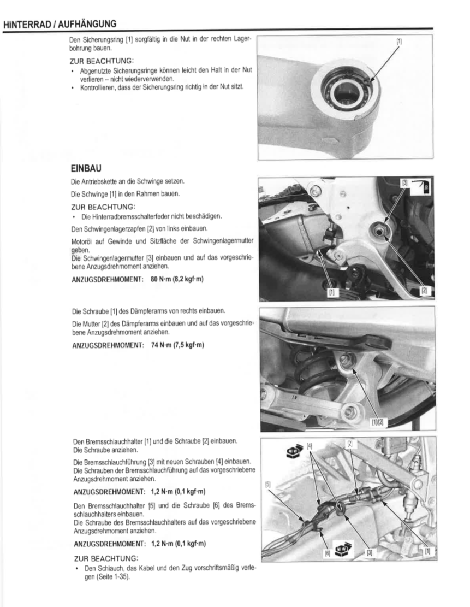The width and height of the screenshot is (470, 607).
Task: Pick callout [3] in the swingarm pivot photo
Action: (405, 182)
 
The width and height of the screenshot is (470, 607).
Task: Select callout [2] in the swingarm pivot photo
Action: (424, 290)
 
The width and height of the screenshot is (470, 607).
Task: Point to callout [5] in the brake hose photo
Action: (268, 484)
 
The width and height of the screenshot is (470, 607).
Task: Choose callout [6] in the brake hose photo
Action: (329, 553)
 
